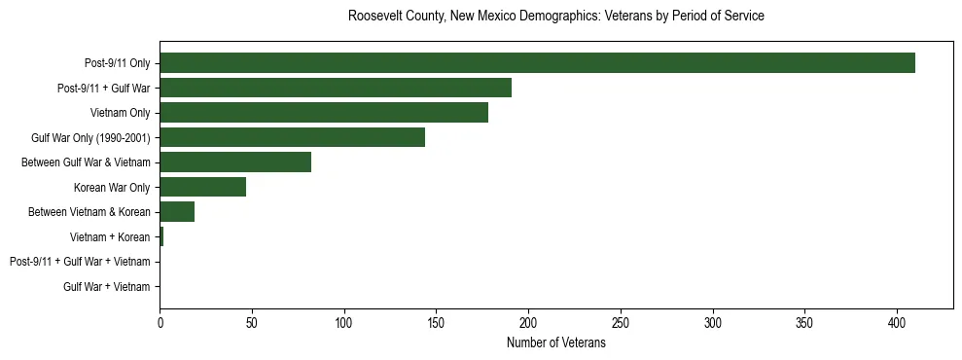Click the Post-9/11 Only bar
click(537, 63)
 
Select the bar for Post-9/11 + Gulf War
click(336, 88)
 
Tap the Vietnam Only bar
click(324, 113)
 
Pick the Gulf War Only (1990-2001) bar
click(292, 137)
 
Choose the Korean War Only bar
click(202, 187)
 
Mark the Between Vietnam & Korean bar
click(177, 212)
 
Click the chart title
click(555, 17)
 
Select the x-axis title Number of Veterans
click(555, 343)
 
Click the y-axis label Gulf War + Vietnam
click(107, 287)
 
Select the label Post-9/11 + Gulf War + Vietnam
click(80, 262)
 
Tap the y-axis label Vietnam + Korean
click(110, 237)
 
